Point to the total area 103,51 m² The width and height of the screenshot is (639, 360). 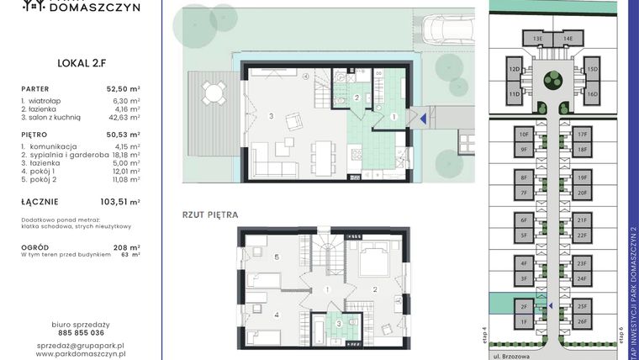tap(121, 202)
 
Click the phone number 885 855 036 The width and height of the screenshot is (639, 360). tap(81, 332)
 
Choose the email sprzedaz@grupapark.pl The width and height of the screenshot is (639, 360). tap(81, 346)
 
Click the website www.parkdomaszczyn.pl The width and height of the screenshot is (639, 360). tap(81, 355)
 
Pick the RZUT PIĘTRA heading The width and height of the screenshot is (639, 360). tap(210, 214)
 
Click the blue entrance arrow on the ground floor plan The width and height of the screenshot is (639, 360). tap(424, 119)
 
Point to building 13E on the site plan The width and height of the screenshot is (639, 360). tap(537, 38)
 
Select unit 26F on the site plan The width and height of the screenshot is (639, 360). tap(582, 321)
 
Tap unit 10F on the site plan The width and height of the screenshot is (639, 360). tap(523, 134)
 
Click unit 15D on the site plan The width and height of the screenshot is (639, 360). tap(592, 69)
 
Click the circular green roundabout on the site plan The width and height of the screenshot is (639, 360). tap(552, 79)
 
